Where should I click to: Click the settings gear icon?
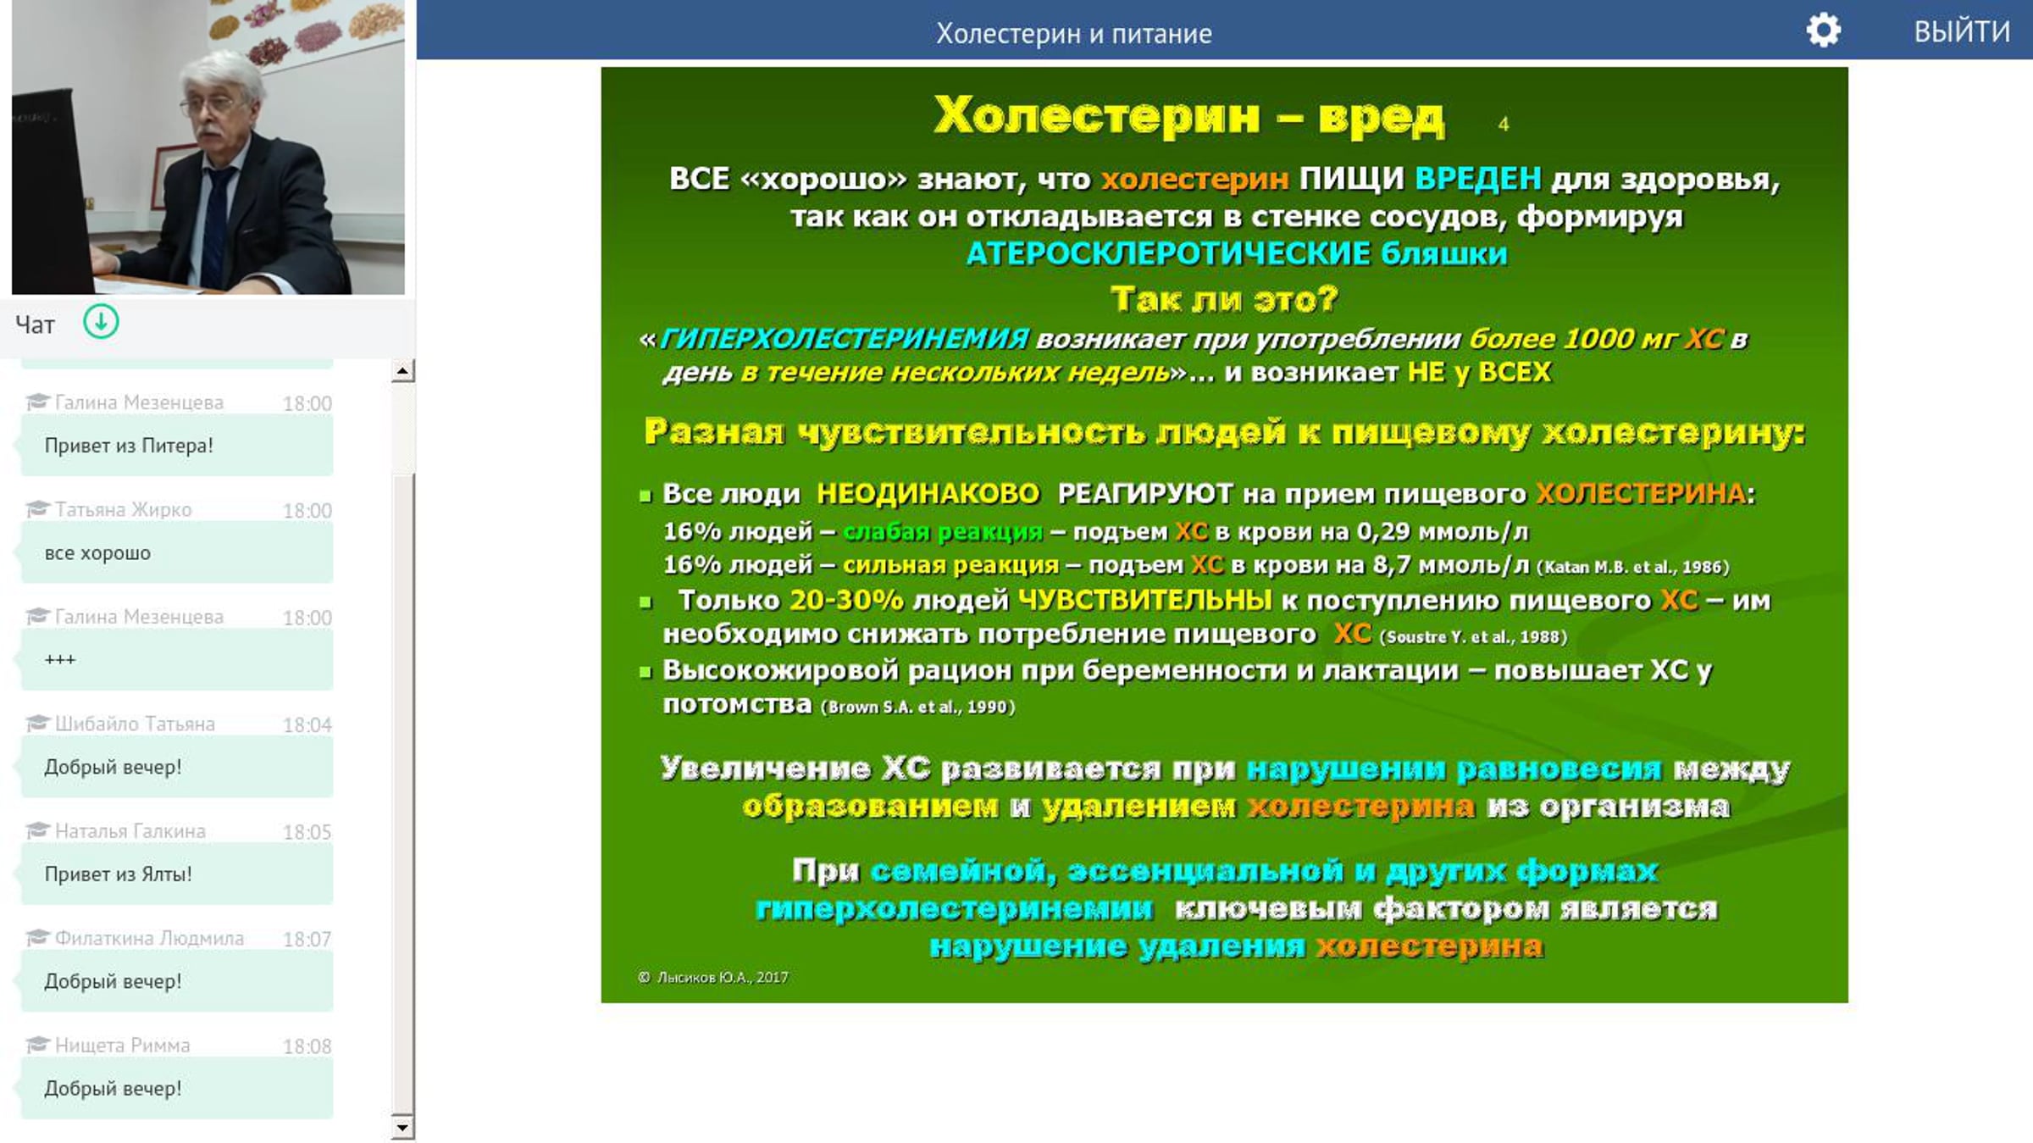point(1823,31)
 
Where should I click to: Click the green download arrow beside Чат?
point(101,322)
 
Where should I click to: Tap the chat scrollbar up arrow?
point(403,370)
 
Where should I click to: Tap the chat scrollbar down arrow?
point(403,1128)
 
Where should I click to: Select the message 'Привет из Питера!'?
point(129,446)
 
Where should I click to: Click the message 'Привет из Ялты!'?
point(118,874)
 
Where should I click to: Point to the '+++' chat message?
point(60,659)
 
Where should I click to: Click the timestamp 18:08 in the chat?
point(307,1046)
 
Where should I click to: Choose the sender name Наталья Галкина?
point(130,831)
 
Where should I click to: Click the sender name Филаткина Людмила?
point(149,938)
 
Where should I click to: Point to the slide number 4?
point(1504,125)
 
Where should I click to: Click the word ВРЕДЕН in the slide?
point(1478,179)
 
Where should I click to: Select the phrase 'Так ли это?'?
point(1224,299)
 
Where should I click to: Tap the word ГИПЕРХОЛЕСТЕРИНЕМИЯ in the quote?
point(845,339)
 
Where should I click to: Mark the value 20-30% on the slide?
point(846,600)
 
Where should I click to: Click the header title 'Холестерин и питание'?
point(1074,34)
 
